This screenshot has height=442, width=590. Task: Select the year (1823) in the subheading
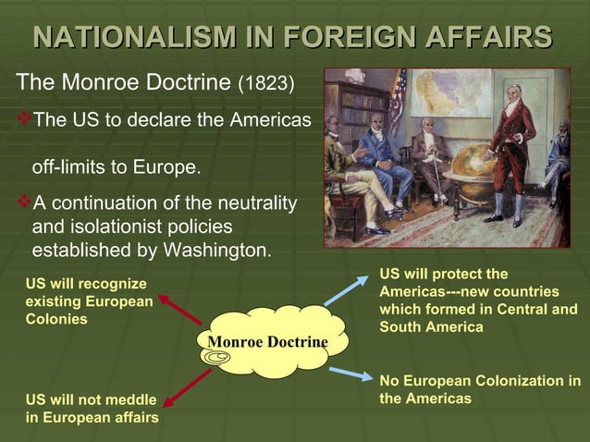pos(266,84)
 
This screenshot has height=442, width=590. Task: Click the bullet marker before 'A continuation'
pos(23,202)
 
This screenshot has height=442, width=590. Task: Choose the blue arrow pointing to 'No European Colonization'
pos(350,373)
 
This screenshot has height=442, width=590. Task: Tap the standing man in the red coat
pos(510,148)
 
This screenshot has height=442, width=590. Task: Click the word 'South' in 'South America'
pos(400,326)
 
